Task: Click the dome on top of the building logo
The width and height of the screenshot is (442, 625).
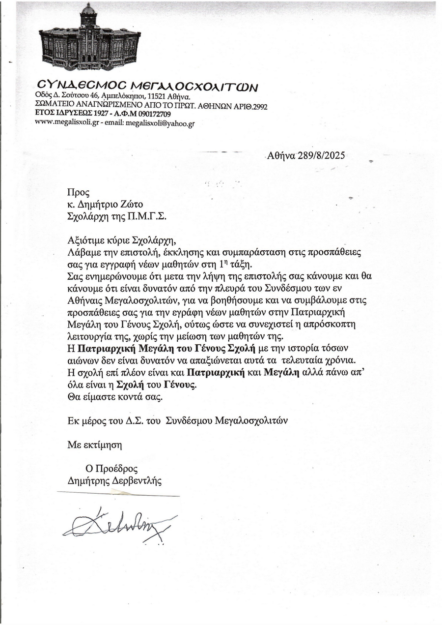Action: pyautogui.click(x=88, y=10)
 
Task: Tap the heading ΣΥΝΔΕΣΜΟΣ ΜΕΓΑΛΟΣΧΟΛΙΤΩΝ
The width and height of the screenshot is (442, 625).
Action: pyautogui.click(x=147, y=86)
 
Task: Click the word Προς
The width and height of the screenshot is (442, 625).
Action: pyautogui.click(x=79, y=193)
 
